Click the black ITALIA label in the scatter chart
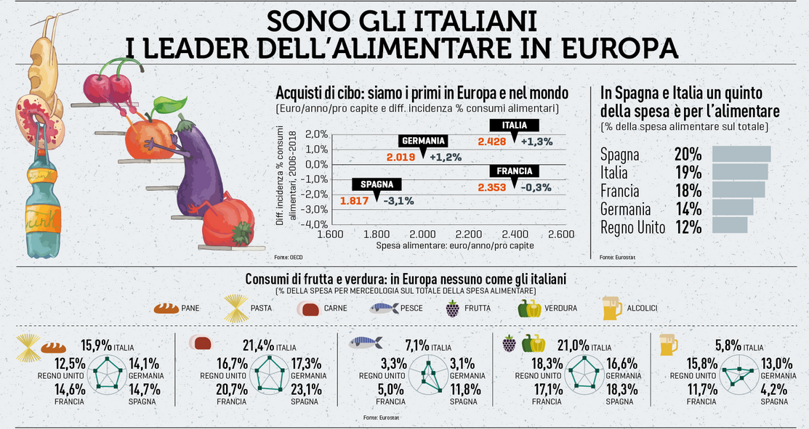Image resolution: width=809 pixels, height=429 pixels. [x=514, y=126]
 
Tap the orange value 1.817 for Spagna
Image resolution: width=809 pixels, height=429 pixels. [x=355, y=201]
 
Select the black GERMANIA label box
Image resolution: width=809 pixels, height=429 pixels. [x=423, y=141]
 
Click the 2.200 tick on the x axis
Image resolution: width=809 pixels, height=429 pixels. [x=469, y=234]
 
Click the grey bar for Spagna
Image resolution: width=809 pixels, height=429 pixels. [x=741, y=154]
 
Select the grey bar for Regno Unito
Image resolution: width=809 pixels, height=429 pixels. [x=729, y=226]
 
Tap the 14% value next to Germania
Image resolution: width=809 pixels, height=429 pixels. [x=688, y=209]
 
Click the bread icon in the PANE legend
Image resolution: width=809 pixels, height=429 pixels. [x=166, y=309]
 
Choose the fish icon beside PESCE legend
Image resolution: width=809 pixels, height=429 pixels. [x=383, y=309]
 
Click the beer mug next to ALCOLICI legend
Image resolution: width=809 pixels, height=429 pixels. [x=611, y=309]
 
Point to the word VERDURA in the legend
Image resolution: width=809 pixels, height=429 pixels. [x=562, y=309]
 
